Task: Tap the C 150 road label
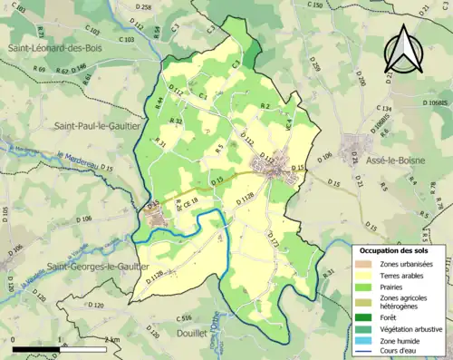pos(314,5)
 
